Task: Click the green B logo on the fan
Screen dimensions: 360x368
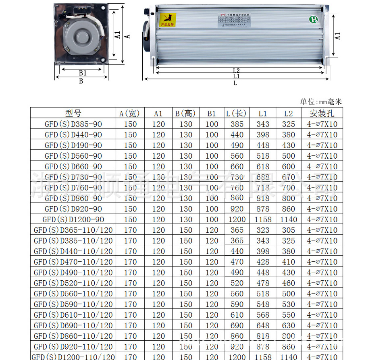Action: (313, 19)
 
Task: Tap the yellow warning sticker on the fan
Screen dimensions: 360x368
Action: (168, 19)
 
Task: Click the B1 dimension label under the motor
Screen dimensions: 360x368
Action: (83, 73)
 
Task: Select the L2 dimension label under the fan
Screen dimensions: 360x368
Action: (236, 70)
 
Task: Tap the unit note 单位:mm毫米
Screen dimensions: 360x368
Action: (321, 101)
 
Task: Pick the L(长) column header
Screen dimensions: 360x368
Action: (237, 113)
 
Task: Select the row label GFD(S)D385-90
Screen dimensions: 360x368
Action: (73, 124)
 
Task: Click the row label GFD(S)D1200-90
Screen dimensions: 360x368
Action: (73, 219)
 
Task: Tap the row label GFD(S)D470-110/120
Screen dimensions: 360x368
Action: (73, 262)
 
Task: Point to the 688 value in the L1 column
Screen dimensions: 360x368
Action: (263, 177)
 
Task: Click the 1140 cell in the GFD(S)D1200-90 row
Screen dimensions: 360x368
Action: (289, 219)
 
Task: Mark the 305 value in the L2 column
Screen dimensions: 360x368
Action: (289, 230)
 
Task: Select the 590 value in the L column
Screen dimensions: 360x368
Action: (237, 304)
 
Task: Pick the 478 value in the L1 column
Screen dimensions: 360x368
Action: (263, 283)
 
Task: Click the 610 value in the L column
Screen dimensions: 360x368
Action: (237, 315)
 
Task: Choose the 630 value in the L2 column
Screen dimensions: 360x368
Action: (289, 325)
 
